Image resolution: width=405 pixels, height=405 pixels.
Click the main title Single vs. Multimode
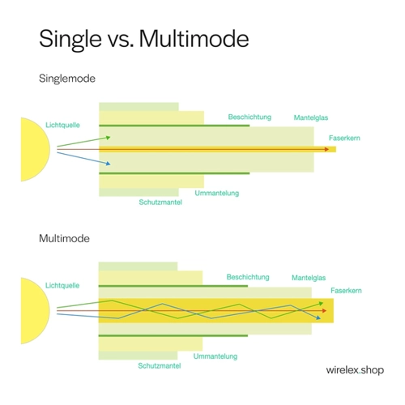(x=144, y=40)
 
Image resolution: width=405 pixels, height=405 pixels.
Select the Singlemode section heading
(x=67, y=79)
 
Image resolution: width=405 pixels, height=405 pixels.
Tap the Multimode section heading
(x=64, y=238)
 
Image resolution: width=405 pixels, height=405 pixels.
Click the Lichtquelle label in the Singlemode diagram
(x=62, y=125)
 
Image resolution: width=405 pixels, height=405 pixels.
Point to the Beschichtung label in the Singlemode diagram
(x=249, y=117)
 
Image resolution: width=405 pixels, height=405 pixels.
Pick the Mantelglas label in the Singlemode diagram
(x=311, y=117)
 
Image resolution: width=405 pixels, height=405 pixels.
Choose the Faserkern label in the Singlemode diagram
(x=344, y=138)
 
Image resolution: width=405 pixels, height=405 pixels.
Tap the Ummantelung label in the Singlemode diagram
(x=217, y=193)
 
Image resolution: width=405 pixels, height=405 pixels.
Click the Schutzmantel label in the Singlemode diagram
(x=160, y=202)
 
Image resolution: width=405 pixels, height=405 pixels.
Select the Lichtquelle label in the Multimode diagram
(x=62, y=285)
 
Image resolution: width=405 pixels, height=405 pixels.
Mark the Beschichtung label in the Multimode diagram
(x=248, y=277)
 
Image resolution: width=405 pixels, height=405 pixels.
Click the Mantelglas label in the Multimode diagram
(x=309, y=278)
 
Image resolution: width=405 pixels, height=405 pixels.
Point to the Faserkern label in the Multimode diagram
(x=346, y=291)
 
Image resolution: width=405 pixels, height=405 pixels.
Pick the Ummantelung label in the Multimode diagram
(x=215, y=356)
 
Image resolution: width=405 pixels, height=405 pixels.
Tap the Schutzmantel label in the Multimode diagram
(x=160, y=366)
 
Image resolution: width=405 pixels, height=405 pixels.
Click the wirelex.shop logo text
(x=355, y=370)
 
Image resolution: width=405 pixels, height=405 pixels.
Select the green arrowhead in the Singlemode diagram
(x=108, y=138)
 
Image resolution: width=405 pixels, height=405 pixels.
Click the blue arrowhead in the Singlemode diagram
(x=108, y=164)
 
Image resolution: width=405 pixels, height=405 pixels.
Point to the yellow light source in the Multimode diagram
(x=36, y=311)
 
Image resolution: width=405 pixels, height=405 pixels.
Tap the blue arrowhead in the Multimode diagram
(x=318, y=318)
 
